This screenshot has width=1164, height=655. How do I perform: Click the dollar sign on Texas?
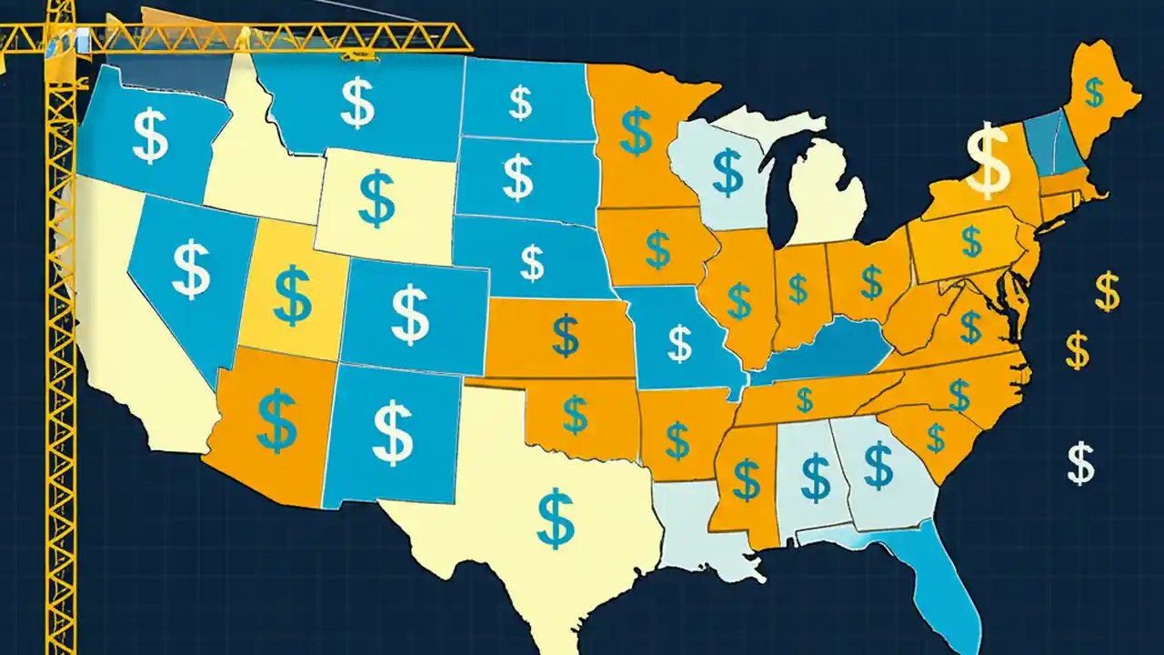554,516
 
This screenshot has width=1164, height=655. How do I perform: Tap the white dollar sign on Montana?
356,103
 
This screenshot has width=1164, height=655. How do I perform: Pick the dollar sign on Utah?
292,296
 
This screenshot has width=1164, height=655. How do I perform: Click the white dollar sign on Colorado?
410,314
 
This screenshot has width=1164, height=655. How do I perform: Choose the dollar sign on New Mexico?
393,433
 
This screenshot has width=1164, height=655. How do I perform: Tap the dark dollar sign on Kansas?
565,335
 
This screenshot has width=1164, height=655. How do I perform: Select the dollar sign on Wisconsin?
727,172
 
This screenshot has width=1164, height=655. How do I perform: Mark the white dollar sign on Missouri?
679,342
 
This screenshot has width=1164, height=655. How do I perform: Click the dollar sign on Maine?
1095,92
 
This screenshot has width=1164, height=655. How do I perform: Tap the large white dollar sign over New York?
988,162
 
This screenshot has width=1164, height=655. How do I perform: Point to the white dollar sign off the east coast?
1080,462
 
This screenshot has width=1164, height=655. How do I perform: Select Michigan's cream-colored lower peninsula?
823,196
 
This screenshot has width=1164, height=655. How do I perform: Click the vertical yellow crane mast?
61,364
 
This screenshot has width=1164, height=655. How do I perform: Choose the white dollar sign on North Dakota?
520,103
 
